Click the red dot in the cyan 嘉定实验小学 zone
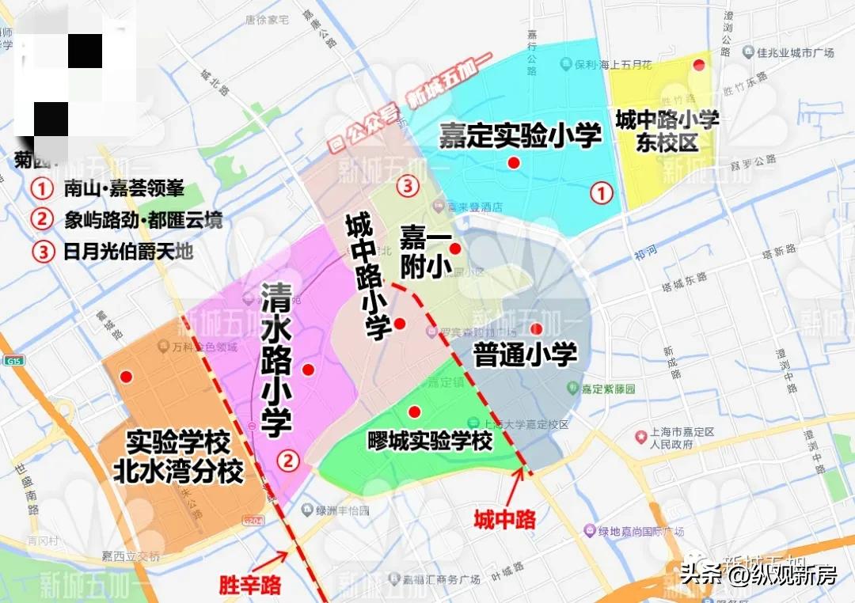[x=514, y=163]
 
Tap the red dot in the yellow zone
[x=698, y=65]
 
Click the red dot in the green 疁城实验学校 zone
[x=413, y=411]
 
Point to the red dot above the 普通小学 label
[x=536, y=328]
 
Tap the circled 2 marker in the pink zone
[x=289, y=460]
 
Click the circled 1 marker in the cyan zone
[x=602, y=192]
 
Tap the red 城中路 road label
[x=504, y=519]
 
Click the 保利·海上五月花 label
[x=606, y=64]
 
